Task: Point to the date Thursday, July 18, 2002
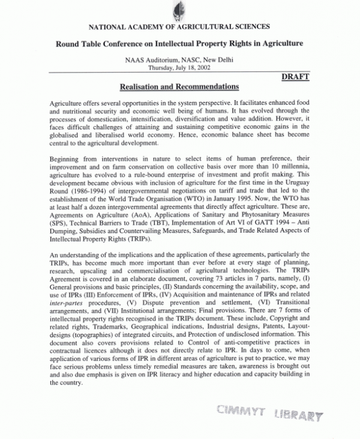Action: tap(179, 68)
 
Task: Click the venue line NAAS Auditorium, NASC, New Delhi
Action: tap(179, 59)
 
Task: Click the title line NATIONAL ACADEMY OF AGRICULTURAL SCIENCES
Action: tap(179, 26)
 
